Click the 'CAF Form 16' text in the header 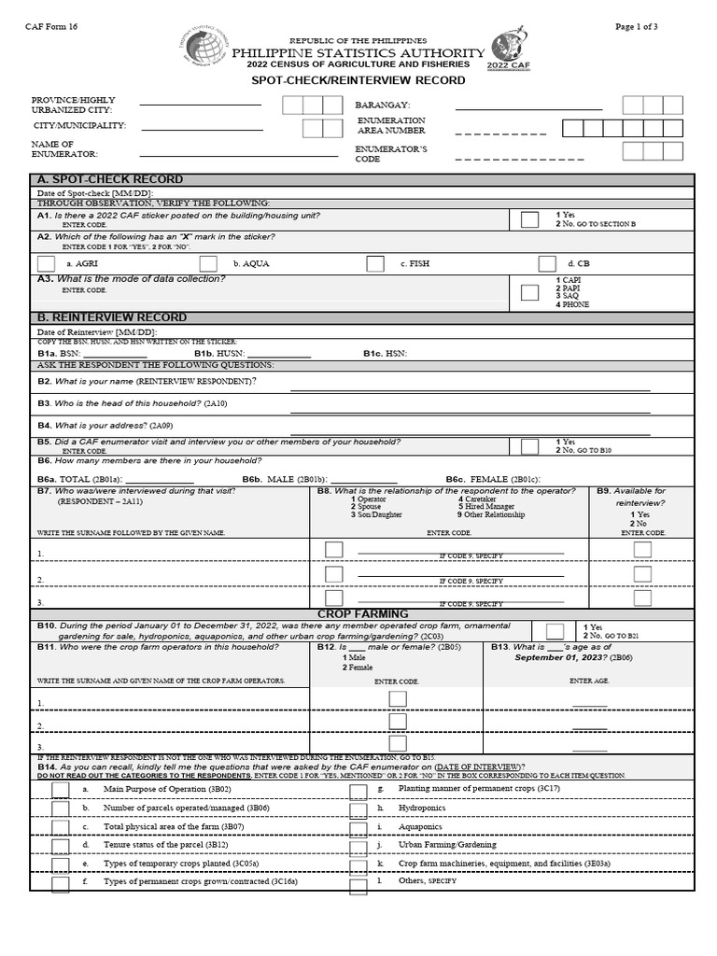tap(51, 26)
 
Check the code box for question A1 tap(529, 220)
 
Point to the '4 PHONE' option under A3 tap(572, 304)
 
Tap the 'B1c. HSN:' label tap(385, 354)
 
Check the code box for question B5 tap(529, 446)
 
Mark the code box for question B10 tap(555, 631)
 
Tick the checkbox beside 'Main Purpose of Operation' tap(61, 790)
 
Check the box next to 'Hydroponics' tap(358, 809)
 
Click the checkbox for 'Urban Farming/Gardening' tap(358, 847)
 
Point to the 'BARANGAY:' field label tap(383, 105)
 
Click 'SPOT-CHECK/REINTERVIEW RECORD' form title tap(358, 80)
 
